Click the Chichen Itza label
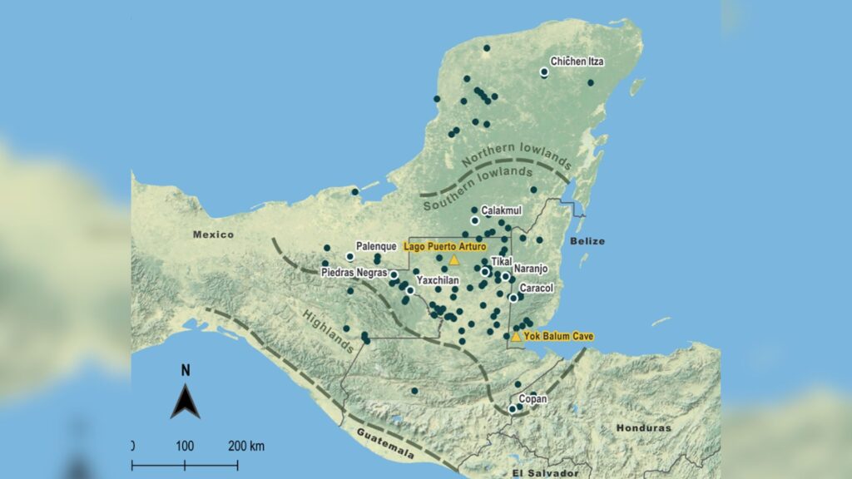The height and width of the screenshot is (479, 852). (577, 62)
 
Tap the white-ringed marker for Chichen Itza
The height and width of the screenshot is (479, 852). (544, 72)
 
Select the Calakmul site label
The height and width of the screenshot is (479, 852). (502, 211)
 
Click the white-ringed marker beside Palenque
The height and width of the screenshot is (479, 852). (349, 256)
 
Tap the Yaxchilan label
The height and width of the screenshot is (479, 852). (438, 281)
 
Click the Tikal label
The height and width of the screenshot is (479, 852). (502, 261)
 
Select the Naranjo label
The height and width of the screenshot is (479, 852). (531, 269)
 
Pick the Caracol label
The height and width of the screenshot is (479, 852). (537, 288)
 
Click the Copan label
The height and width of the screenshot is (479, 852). (532, 400)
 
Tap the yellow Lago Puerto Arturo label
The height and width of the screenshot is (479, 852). (444, 246)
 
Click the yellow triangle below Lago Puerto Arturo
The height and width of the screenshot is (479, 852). (454, 259)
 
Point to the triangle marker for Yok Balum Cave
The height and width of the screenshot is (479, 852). (516, 337)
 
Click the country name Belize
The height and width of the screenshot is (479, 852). (587, 240)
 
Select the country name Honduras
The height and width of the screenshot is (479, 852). (643, 427)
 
